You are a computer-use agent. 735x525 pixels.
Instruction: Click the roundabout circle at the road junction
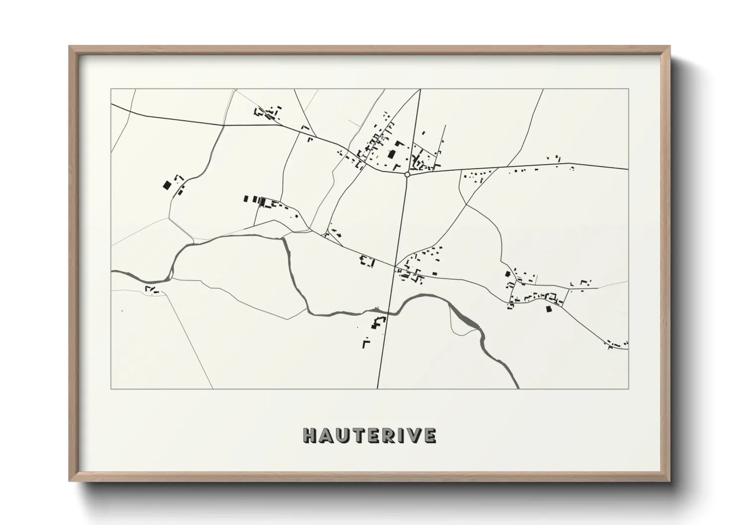pos(407,174)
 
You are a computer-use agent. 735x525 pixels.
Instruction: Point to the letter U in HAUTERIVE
pos(343,435)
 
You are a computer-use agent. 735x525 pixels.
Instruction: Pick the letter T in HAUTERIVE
pos(359,435)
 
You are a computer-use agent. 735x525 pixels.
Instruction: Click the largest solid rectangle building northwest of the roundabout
pos(391,154)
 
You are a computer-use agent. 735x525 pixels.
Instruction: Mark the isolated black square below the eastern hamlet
pos(549,309)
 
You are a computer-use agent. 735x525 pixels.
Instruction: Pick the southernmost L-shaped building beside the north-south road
pos(366,343)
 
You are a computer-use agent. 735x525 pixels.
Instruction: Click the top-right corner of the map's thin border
pos(628,89)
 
